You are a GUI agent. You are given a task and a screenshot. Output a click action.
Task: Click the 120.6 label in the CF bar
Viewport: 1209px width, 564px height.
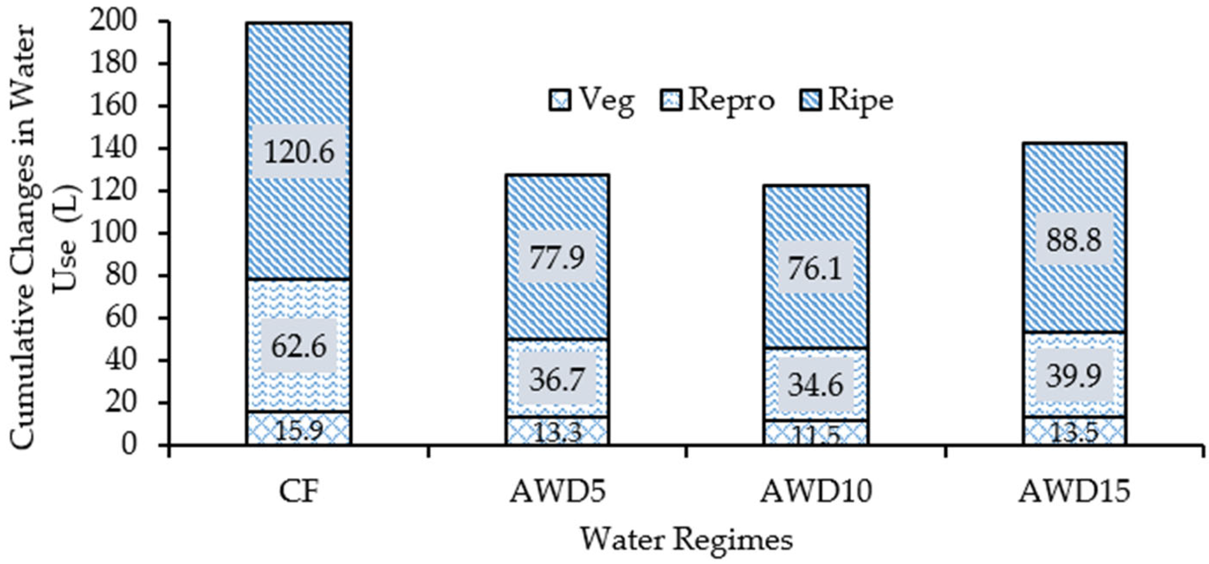tap(299, 151)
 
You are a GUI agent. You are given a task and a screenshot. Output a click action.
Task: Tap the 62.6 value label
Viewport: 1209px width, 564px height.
tap(299, 347)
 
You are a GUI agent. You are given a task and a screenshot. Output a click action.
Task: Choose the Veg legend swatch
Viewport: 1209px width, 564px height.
tap(560, 100)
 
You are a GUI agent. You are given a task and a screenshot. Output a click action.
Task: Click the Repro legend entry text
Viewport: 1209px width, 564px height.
tap(731, 100)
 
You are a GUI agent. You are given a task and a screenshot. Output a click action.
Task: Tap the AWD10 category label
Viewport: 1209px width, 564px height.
tap(816, 492)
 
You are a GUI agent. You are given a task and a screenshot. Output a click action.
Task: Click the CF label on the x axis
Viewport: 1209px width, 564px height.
tap(299, 492)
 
